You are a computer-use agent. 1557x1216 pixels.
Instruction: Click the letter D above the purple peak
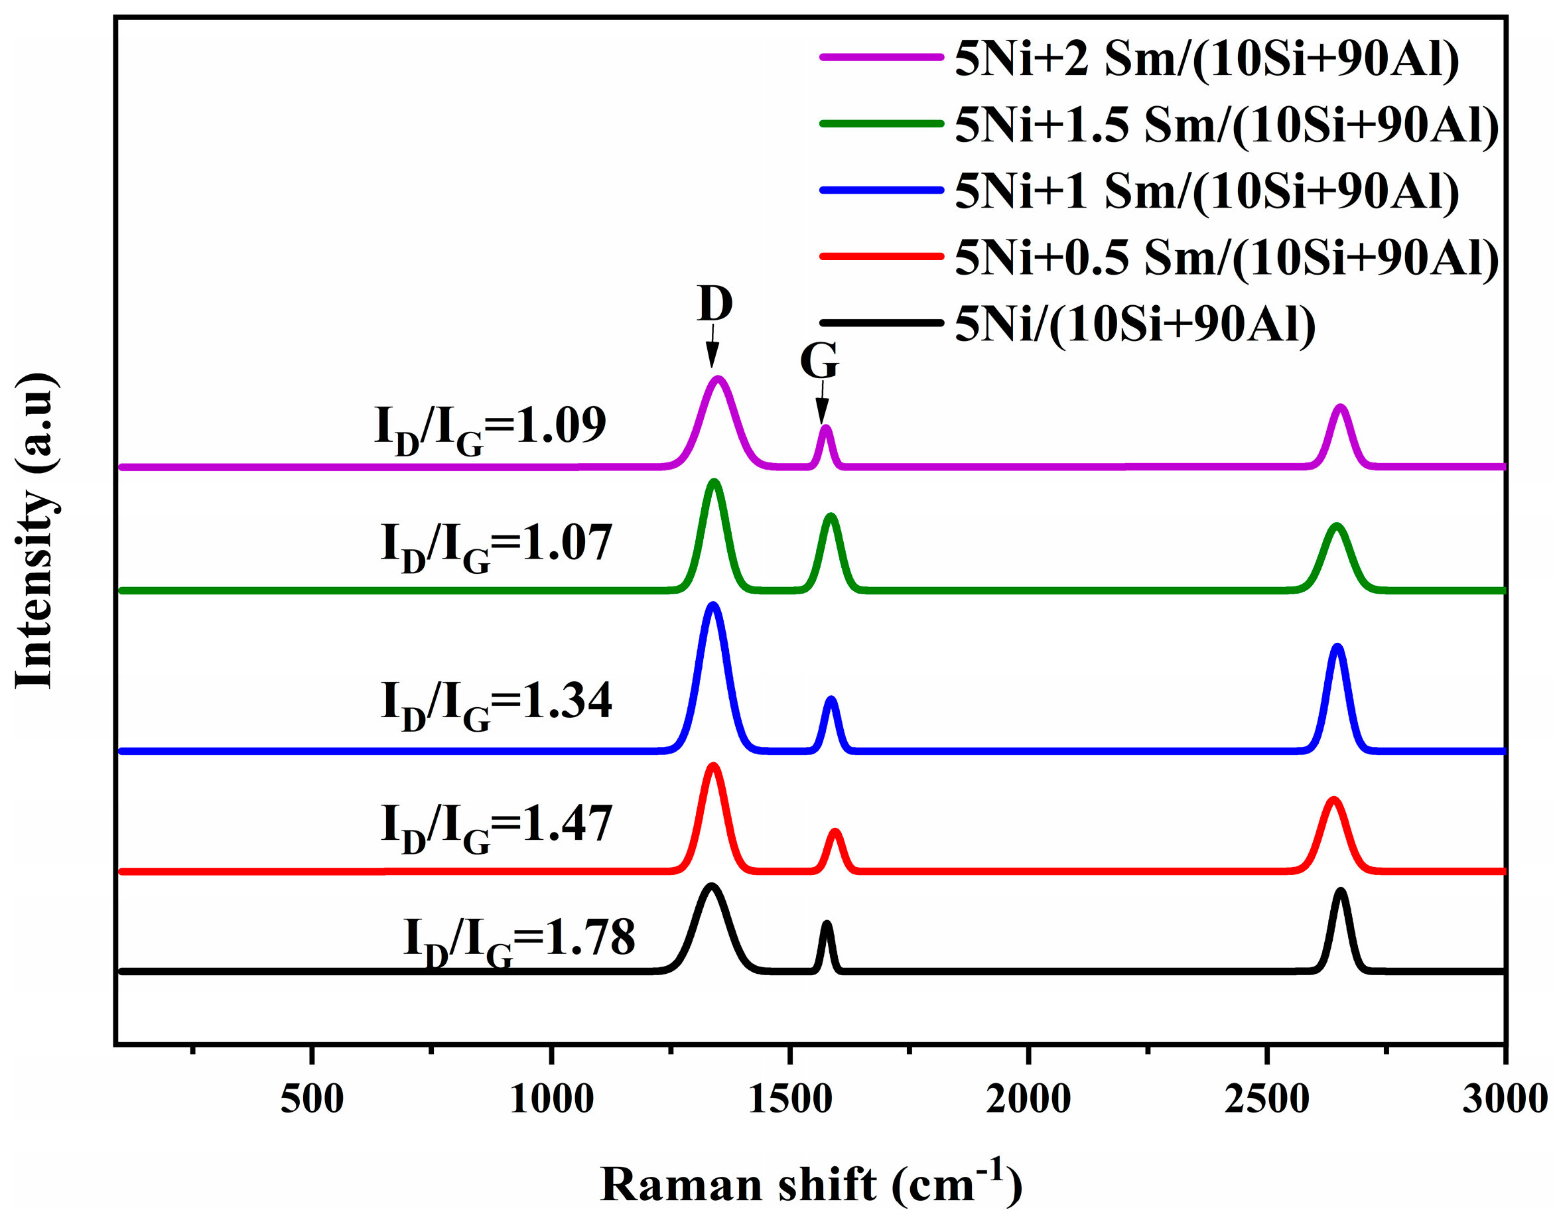coord(715,304)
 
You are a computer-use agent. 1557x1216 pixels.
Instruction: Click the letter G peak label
coord(819,362)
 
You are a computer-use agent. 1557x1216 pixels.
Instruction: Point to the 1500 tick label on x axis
coord(790,1099)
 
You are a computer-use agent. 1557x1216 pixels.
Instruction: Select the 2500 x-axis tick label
coord(1267,1099)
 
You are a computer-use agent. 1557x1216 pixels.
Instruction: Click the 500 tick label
coord(312,1099)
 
